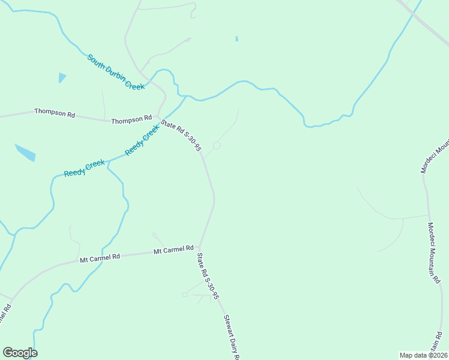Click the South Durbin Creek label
pos(116,72)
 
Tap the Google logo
pos(20,353)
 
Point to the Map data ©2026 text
pos(423,355)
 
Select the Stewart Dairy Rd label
pos(232,338)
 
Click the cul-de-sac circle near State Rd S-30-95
pos(217,146)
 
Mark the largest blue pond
pos(25,152)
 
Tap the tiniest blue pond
pos(237,39)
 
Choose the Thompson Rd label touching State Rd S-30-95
pos(131,120)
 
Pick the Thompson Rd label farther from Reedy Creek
pos(54,112)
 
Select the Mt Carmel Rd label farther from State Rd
pos(100,257)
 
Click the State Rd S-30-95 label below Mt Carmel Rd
pos(208,276)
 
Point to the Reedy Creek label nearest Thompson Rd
pos(142,140)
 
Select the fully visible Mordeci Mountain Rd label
pos(435,252)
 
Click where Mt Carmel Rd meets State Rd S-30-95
pos(199,247)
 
